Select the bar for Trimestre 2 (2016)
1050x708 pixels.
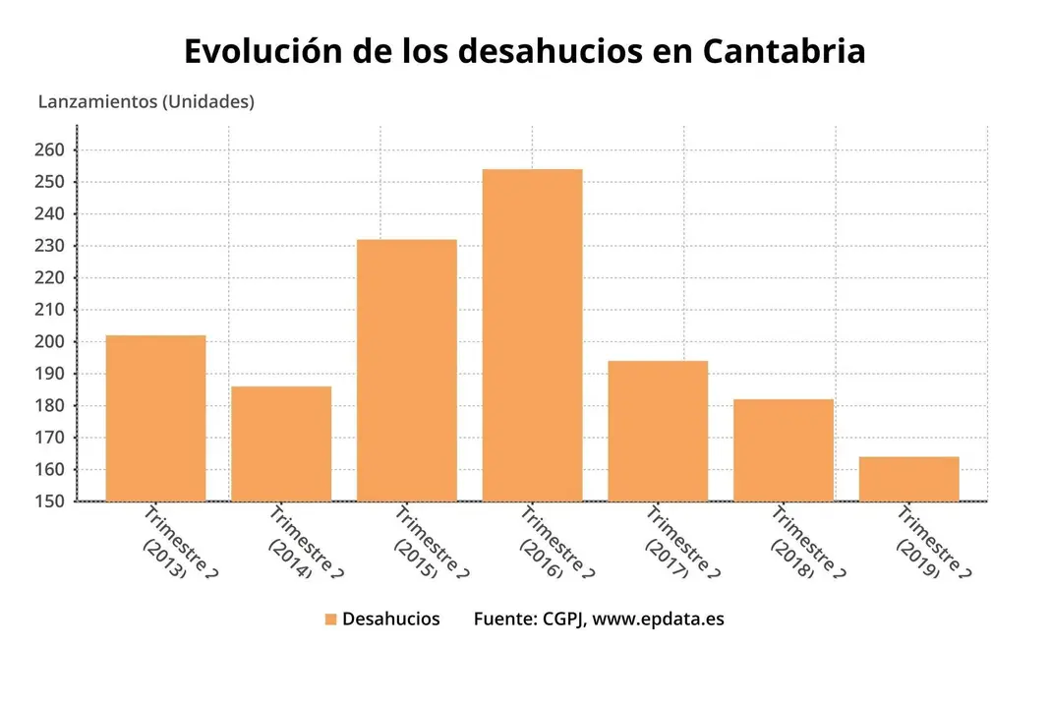pos(532,335)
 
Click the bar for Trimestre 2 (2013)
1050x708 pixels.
pos(155,418)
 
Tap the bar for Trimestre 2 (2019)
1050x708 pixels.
pos(908,479)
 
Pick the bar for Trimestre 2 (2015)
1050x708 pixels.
pos(406,370)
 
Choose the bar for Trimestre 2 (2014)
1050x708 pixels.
pos(281,443)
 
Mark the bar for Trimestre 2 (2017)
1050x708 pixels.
pos(658,431)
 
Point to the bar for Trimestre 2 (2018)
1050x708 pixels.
pos(783,449)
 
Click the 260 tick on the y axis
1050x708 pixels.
pos(50,150)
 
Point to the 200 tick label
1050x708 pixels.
pos(50,342)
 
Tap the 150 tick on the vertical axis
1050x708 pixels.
pos(50,501)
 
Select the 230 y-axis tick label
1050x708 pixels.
pos(50,246)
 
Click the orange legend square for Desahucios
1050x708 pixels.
pos(331,619)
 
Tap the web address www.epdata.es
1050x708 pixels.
pos(659,619)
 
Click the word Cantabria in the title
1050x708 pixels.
pos(784,51)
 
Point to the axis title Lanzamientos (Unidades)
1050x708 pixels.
pos(146,101)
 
